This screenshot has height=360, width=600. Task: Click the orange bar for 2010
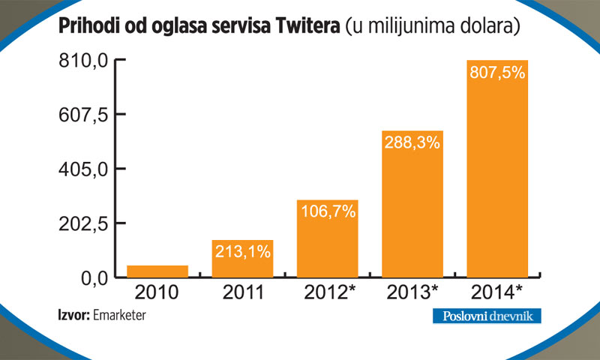click(x=157, y=271)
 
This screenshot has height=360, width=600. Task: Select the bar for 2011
click(x=242, y=259)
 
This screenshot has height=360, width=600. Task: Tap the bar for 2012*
click(x=327, y=240)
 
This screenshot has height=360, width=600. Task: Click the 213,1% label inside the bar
click(x=242, y=251)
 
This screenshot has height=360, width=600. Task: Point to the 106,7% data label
click(x=327, y=211)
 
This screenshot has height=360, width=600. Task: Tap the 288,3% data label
click(x=412, y=142)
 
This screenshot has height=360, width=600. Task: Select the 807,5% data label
click(x=497, y=73)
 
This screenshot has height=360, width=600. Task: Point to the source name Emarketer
click(x=120, y=316)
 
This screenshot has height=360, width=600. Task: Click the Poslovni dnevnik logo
click(x=486, y=316)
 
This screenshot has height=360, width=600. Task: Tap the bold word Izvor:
click(x=73, y=316)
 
